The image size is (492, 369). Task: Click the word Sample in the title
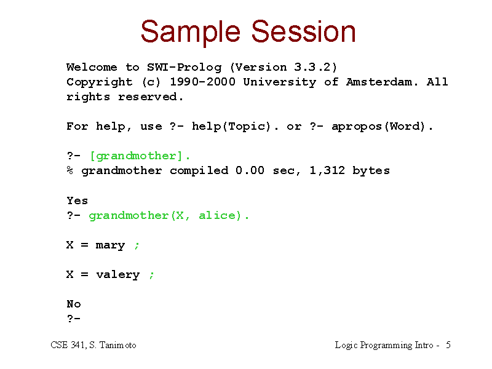(191, 33)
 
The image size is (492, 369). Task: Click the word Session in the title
(304, 31)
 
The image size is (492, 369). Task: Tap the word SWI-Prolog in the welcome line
(184, 68)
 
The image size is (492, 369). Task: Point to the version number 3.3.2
(312, 67)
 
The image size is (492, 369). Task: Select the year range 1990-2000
(202, 82)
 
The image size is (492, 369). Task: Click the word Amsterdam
(382, 82)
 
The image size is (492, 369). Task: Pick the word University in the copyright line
(280, 82)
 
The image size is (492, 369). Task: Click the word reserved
(151, 97)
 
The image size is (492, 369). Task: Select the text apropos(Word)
(382, 127)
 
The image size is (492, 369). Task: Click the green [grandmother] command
(140, 156)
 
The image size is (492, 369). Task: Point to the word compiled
(199, 171)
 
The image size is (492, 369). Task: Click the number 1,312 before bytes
(327, 171)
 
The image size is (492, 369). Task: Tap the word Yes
(77, 200)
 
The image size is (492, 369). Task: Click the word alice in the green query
(220, 216)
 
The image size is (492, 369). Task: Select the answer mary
(110, 245)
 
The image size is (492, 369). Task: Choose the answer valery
(117, 275)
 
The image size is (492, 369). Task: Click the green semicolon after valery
(152, 275)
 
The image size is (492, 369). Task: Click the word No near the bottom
(74, 304)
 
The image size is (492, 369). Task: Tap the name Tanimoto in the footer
(117, 345)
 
